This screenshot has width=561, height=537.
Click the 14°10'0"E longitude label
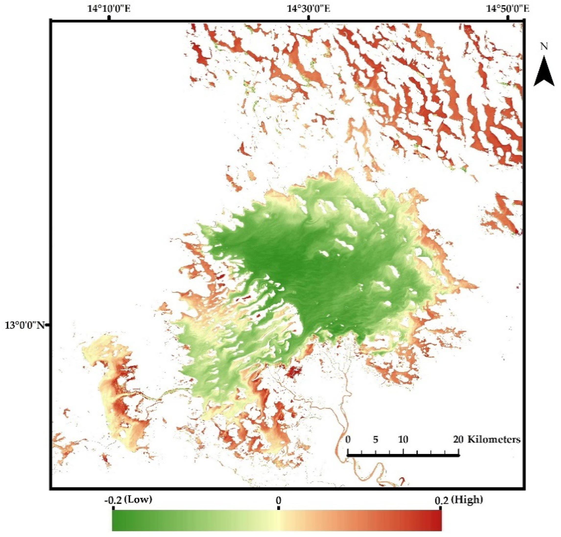109,9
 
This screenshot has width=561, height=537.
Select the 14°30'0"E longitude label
309,9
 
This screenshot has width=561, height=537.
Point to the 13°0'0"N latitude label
25,325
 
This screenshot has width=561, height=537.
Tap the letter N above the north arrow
544,47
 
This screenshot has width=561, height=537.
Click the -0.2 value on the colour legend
113,500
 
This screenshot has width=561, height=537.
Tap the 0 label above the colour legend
278,500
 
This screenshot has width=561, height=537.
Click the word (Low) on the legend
140,500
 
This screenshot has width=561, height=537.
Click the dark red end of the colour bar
437,520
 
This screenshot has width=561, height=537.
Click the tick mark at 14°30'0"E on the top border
309,18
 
